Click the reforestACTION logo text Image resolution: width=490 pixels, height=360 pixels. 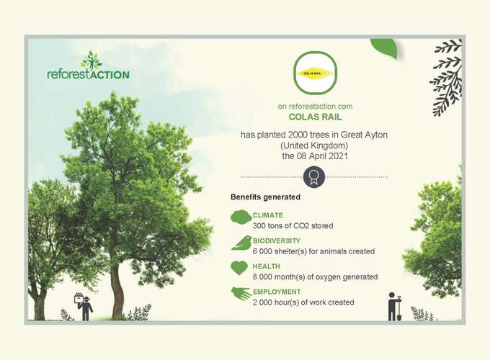(88, 75)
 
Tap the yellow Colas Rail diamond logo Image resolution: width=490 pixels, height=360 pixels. (315, 73)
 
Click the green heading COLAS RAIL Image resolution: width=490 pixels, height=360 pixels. (315, 117)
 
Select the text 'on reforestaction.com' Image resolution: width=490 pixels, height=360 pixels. (315, 107)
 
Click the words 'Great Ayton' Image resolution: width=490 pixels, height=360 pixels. (364, 135)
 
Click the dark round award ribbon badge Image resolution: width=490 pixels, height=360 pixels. (314, 177)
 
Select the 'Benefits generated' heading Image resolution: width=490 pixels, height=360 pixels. (265, 197)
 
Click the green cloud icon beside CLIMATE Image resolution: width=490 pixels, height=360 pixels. (241, 217)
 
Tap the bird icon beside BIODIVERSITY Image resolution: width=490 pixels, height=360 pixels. (241, 243)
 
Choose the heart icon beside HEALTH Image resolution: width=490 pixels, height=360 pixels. (239, 269)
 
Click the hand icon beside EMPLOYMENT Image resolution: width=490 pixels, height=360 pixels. (241, 294)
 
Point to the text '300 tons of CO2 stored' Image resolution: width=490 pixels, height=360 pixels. (293, 226)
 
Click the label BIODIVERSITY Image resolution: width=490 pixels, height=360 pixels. (277, 240)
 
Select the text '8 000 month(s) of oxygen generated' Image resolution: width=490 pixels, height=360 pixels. (315, 277)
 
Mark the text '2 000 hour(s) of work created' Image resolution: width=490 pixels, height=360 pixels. (303, 302)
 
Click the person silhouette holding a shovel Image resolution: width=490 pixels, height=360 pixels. (394, 307)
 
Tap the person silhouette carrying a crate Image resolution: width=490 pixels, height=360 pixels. (84, 307)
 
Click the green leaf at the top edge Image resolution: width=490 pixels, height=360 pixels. (385, 48)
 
